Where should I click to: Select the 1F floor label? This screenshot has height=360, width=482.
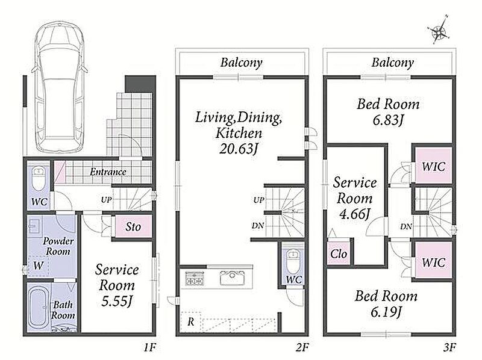[149, 347]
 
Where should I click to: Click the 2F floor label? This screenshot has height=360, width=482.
[302, 347]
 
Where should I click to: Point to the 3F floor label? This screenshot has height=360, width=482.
[449, 347]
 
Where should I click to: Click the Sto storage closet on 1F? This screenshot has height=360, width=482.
[133, 226]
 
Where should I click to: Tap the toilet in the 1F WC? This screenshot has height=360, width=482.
[39, 179]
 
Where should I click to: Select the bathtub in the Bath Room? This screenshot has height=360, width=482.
[39, 307]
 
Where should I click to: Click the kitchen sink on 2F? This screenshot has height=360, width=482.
[233, 278]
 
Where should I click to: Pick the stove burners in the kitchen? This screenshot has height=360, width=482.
[195, 278]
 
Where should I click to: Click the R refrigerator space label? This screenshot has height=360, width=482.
[190, 321]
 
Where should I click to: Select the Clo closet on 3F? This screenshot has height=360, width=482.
[339, 253]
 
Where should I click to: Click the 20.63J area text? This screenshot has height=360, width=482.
[239, 149]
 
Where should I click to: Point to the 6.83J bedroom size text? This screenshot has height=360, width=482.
[388, 120]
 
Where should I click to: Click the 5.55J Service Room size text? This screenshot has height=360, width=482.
[117, 301]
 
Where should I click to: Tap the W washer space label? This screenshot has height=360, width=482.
[38, 265]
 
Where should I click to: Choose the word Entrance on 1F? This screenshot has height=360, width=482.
[108, 172]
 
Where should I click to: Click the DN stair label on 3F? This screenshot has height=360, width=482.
[406, 227]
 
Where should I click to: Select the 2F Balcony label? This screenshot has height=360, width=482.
[242, 63]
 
